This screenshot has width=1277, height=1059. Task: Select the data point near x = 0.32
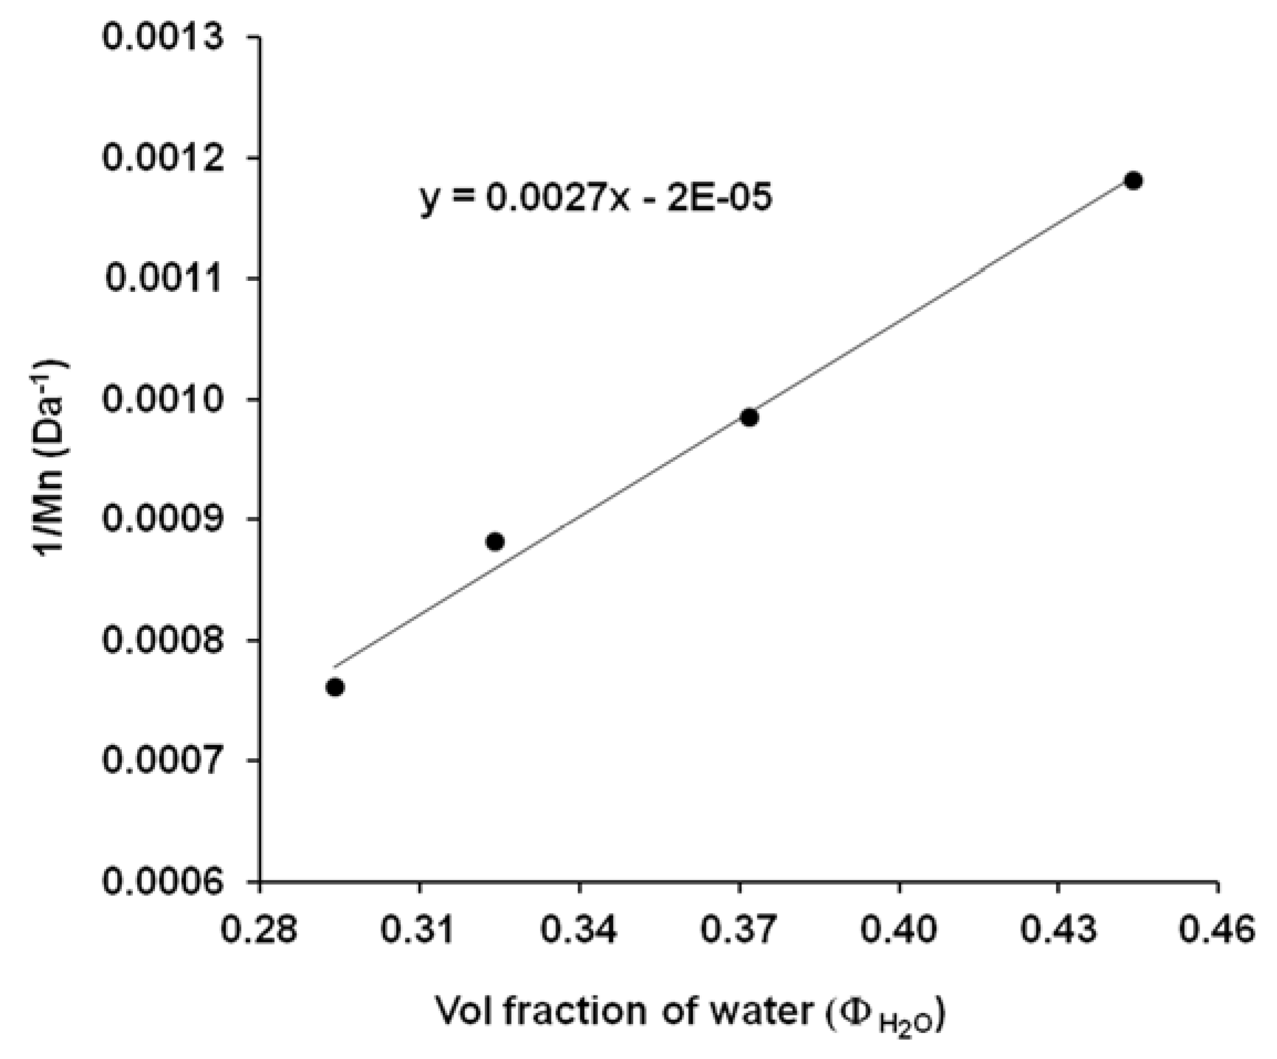click(x=495, y=541)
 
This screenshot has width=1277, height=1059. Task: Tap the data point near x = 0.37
click(x=749, y=417)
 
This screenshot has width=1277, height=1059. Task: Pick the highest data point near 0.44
click(x=1134, y=180)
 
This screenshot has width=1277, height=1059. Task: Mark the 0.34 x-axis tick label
click(x=578, y=931)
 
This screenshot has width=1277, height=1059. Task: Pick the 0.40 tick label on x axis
click(x=898, y=931)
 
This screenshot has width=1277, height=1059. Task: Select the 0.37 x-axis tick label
click(x=738, y=931)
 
